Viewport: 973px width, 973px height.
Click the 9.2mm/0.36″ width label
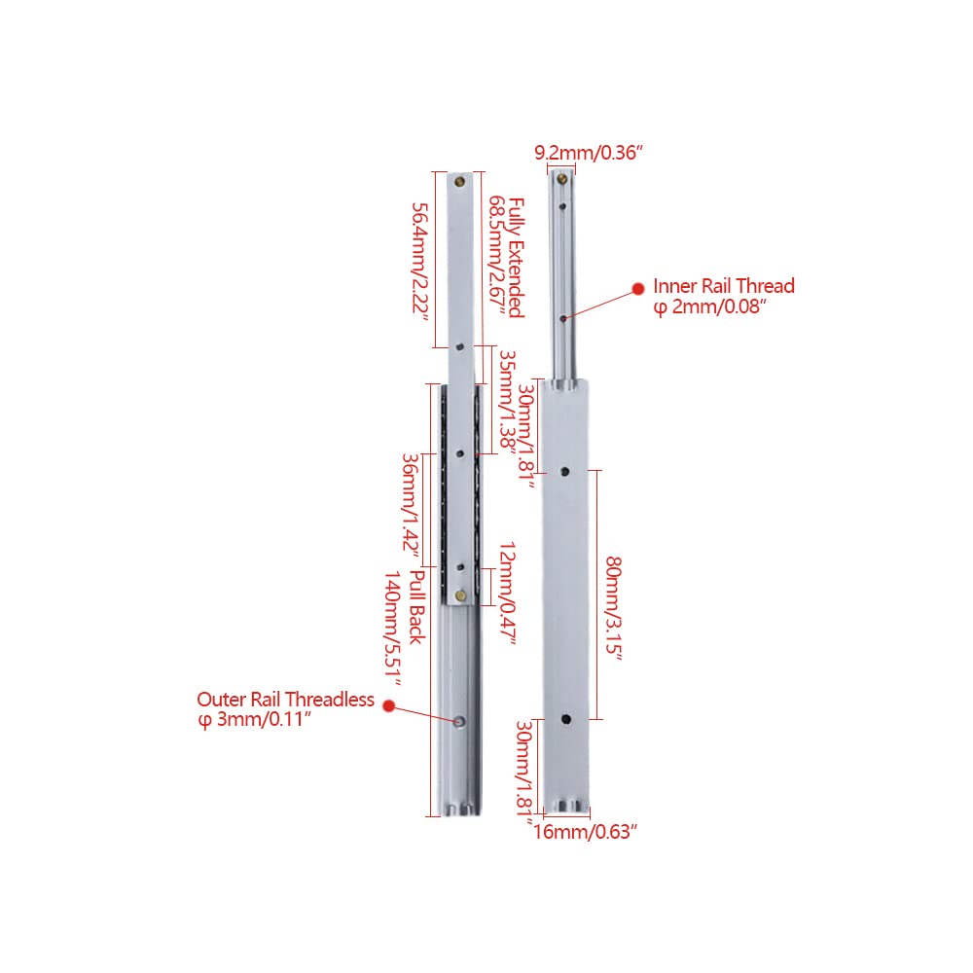tap(589, 153)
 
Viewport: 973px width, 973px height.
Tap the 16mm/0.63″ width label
tap(585, 832)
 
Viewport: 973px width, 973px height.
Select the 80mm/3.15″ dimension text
tap(614, 609)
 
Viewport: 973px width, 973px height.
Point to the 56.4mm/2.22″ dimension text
tap(420, 262)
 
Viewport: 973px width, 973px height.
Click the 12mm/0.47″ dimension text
tap(508, 595)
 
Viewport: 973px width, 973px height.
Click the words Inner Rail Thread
tap(724, 286)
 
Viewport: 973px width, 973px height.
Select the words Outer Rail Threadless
tap(285, 700)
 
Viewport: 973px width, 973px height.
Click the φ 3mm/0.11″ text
tap(253, 720)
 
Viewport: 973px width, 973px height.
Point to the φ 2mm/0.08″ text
tap(710, 306)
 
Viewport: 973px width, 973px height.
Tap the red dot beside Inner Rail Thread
tap(638, 289)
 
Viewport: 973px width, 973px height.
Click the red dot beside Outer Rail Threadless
tap(389, 705)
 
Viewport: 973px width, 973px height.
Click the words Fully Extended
tap(517, 258)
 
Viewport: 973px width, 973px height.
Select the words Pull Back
tap(417, 607)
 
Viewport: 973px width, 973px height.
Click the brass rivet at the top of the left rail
tap(460, 182)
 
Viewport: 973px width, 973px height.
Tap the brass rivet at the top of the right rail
tap(562, 179)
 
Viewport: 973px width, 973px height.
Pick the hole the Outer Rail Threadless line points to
tap(460, 722)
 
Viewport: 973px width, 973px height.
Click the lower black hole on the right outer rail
tap(566, 719)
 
